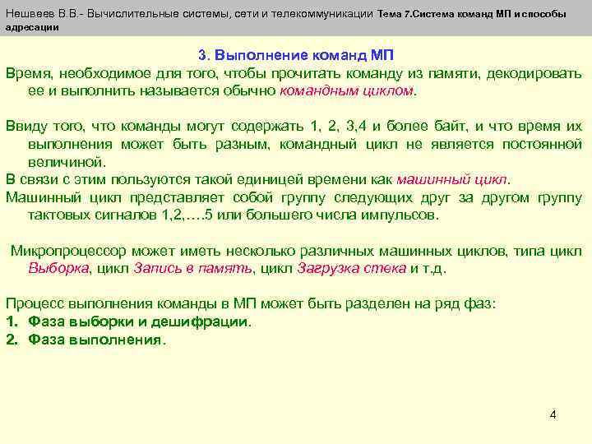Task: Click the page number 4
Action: [553, 414]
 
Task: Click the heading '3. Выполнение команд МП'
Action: [296, 56]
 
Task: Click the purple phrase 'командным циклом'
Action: [348, 90]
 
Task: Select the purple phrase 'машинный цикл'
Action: [453, 179]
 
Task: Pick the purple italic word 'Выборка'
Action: [60, 268]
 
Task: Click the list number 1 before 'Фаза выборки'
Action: [12, 321]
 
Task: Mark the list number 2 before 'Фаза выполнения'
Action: [12, 339]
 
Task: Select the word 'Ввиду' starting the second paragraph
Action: [25, 127]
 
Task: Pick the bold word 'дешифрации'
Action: [207, 321]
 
